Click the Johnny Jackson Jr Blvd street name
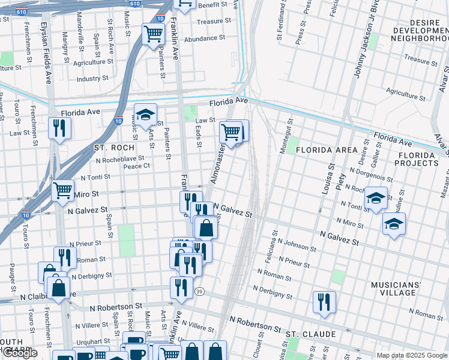pos(359,48)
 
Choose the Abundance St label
pos(205,37)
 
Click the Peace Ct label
pos(136,166)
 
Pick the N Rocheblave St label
pos(121,159)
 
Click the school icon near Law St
pos(145,115)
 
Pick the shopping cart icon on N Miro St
pos(63,190)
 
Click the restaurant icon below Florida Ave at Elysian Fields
pos(59,128)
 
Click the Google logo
pos(19,353)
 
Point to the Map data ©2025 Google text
pos(411,355)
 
